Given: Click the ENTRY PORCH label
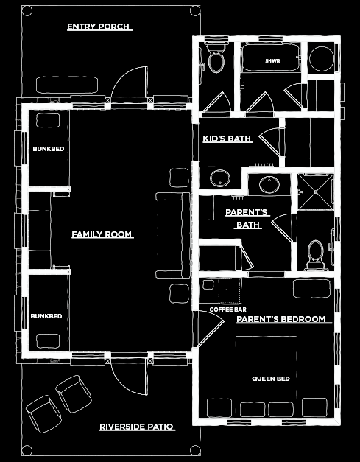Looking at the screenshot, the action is pos(100,27).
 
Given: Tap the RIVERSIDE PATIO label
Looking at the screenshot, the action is pos(137,427).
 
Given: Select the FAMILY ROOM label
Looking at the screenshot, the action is pos(102,234).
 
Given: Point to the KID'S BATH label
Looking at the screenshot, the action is pos(227,139).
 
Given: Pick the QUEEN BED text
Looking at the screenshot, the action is pos(271,379).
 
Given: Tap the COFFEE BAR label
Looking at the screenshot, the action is pos(227,309).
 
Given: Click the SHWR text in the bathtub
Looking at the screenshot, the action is pos(272,61).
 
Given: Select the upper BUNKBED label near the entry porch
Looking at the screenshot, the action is pos(49,149).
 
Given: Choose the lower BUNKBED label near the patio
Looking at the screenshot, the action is pos(46,316).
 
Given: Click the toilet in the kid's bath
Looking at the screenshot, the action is pos(216,58).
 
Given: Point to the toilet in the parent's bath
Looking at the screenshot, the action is pos(315,255).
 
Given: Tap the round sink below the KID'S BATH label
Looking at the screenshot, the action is pos(220,178).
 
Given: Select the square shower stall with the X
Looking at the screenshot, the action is pos(316,192).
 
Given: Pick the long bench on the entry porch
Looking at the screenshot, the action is pos(67,85).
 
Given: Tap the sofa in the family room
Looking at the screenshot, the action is pos(173,235).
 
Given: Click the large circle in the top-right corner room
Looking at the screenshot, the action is pos(321,58).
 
